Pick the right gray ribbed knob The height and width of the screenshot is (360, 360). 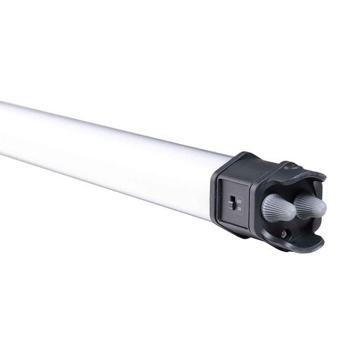click(x=310, y=205)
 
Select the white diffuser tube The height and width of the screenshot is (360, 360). click(x=108, y=150)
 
